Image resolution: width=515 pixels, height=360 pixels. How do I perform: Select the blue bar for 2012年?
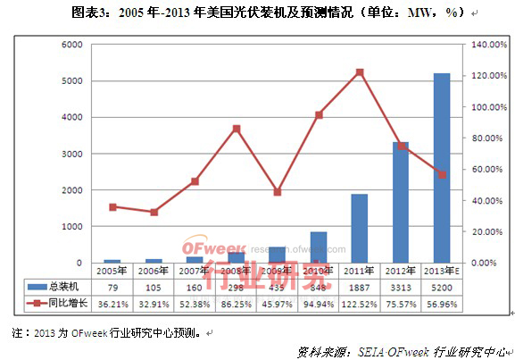[x=400, y=203]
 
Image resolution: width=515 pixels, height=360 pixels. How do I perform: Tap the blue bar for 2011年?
[x=359, y=229]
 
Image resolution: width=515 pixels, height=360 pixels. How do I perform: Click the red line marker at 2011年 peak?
[x=359, y=72]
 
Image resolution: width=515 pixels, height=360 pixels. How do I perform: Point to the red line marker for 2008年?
[x=237, y=129]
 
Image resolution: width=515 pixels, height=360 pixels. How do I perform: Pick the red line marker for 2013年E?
[x=441, y=174]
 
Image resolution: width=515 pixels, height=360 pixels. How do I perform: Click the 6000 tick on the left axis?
[x=73, y=45]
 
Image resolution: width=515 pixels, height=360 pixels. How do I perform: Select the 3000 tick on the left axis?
[x=73, y=154]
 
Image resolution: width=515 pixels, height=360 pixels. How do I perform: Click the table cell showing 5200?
[x=441, y=286]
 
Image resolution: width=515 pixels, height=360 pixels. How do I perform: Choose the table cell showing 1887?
[x=359, y=286]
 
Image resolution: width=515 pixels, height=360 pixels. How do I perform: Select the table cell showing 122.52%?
[x=359, y=302]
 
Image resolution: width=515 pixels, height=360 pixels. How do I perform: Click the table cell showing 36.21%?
[x=112, y=302]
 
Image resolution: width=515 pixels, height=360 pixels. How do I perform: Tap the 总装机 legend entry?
[x=59, y=286]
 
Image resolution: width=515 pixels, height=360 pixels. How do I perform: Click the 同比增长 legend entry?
[x=59, y=302]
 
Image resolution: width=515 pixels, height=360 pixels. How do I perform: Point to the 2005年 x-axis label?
[x=112, y=270]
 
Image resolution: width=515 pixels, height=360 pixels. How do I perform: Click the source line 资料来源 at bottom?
[x=402, y=351]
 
